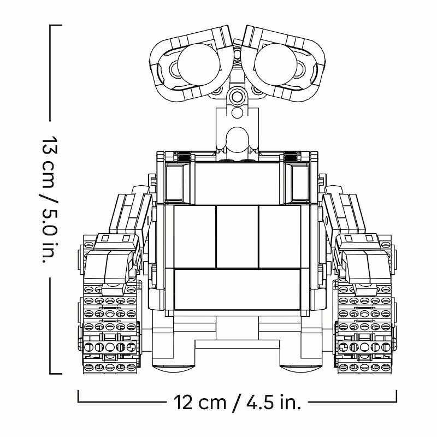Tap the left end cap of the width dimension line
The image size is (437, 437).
coord(79,395)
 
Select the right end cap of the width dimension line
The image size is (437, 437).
coord(397,395)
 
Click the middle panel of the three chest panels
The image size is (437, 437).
coord(237,236)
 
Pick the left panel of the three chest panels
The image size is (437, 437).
coord(195,236)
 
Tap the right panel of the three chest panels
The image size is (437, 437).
coord(279,236)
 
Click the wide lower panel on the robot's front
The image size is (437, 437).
coord(237,290)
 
